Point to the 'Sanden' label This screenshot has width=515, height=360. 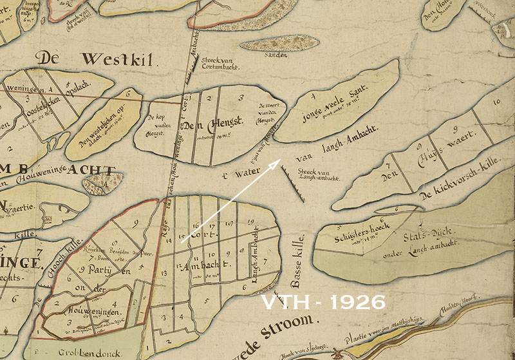click(276, 55)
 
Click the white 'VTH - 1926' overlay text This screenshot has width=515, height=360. click(323, 302)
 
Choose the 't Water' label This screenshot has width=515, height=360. click(238, 175)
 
